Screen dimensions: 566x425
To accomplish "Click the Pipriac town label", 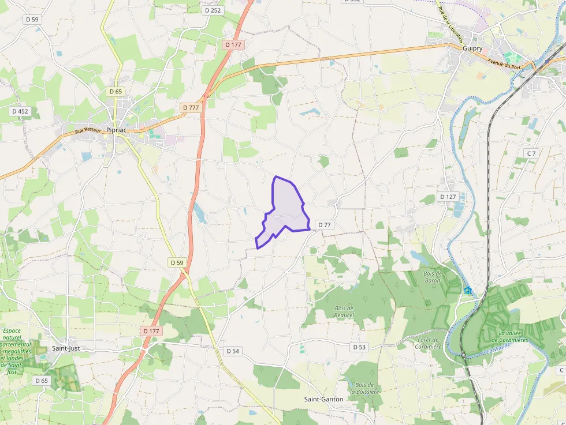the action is coord(116,130).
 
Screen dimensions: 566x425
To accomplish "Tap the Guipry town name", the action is coord(472,48).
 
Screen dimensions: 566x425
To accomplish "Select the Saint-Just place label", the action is coord(66,348).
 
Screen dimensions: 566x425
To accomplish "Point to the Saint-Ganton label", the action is coord(323,399).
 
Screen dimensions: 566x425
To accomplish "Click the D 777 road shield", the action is coord(190,108).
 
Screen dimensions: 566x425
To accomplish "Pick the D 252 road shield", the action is coord(213,10).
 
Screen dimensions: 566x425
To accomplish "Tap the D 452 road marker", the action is coord(20,111).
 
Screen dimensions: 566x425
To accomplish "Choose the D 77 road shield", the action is coord(325,225).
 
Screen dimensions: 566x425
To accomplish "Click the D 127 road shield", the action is coord(448,197).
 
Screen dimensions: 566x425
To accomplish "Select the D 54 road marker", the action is coord(233,351).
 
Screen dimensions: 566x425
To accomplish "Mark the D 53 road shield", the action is coord(359,347).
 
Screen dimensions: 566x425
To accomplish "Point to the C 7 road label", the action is coord(531,153).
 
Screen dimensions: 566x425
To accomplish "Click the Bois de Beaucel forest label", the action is coord(344,311).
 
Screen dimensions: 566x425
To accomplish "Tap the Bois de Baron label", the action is coord(432,277).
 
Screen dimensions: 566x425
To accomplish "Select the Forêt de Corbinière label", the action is coord(429,343).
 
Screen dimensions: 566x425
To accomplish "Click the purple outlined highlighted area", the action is coord(284,210).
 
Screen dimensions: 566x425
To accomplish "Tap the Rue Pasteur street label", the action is coord(88,131).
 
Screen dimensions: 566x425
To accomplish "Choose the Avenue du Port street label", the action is coord(503,62).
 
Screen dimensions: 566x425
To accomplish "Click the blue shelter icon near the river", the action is coord(467,290).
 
